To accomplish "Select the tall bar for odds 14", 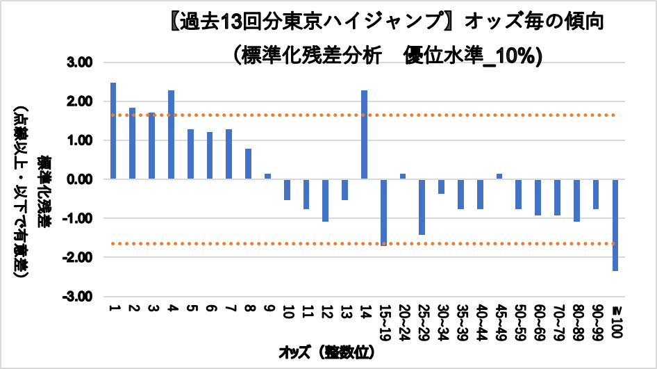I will (x=364, y=135).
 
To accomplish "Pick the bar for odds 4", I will (x=171, y=135).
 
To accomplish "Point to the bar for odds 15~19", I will (x=383, y=211).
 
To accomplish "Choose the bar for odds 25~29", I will (x=422, y=206).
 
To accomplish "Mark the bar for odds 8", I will (x=248, y=164).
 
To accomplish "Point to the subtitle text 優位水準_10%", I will (x=472, y=56).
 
